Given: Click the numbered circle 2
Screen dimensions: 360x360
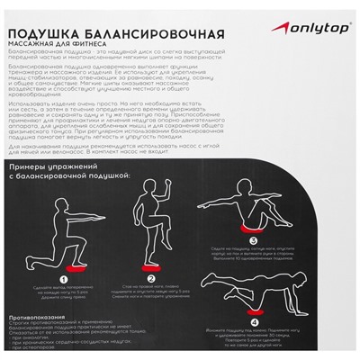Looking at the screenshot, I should (152, 279).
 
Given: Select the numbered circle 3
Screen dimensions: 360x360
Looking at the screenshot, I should (250, 241).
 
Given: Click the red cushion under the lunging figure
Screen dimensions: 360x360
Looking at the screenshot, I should (59, 273).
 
